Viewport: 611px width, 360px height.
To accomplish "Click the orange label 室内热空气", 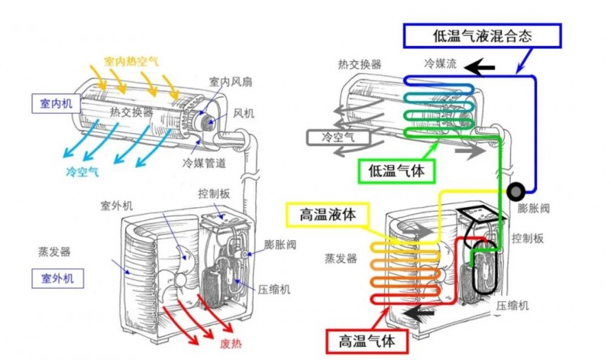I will (131, 60).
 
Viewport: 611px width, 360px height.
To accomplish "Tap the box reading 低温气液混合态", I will (482, 35).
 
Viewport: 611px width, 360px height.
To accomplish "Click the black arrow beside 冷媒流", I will (480, 69).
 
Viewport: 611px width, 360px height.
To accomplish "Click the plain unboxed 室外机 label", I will (116, 206).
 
